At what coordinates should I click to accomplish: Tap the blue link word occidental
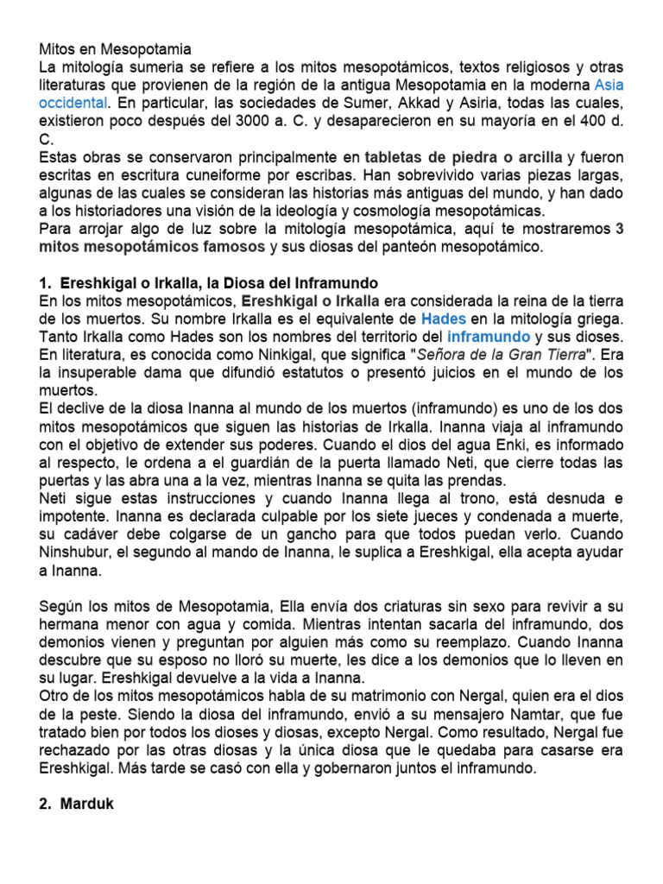click(73, 102)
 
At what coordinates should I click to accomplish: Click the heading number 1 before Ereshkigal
click(45, 282)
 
